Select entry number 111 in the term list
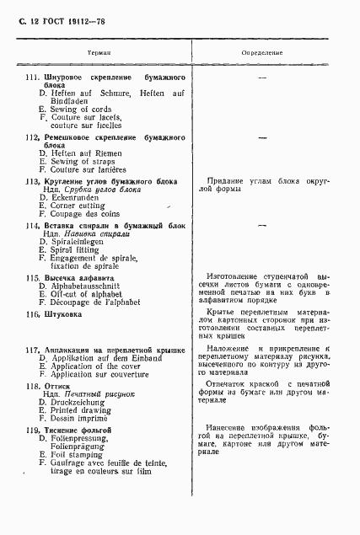pyautogui.click(x=34, y=78)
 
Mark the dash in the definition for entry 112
pyautogui.click(x=262, y=136)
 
